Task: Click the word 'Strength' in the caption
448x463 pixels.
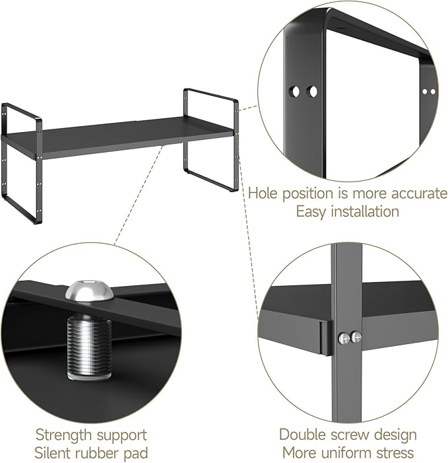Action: point(63,435)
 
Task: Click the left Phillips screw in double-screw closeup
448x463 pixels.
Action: point(344,338)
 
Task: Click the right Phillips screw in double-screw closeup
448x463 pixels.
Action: point(356,338)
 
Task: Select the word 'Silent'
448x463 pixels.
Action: point(55,453)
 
